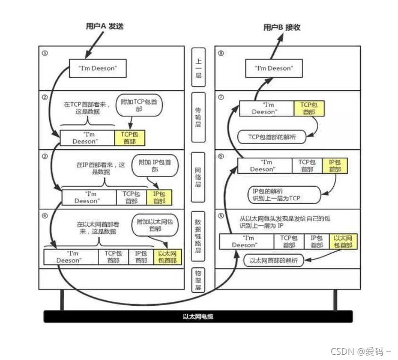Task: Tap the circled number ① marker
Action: coord(45,53)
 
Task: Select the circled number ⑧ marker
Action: coord(221,53)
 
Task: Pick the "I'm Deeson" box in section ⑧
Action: coord(273,68)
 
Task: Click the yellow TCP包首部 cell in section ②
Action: coord(129,138)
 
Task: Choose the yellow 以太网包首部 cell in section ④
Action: coord(168,257)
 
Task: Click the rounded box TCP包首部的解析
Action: coord(271,137)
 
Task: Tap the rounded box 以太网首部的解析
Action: coord(274,261)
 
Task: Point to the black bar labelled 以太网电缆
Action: coord(198,316)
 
